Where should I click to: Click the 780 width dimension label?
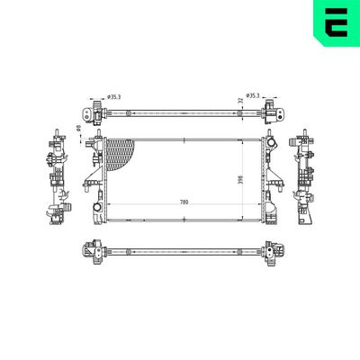184,202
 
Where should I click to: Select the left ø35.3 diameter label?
114,96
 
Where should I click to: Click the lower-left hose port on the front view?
95,214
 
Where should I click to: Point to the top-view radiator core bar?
180,112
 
